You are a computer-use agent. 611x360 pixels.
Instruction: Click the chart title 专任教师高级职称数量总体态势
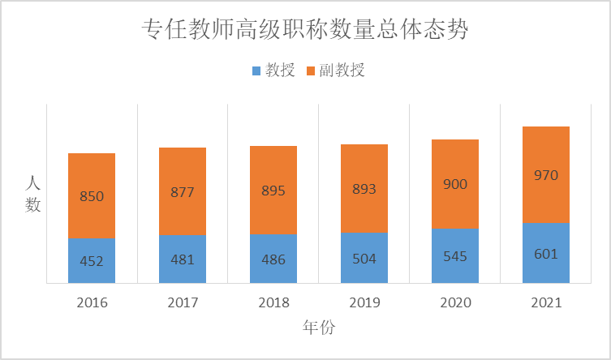pyautogui.click(x=305, y=30)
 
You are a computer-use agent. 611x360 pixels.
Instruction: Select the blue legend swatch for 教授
pyautogui.click(x=257, y=71)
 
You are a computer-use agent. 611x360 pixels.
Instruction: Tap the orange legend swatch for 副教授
pyautogui.click(x=311, y=71)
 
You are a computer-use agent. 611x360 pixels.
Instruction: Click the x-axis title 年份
pyautogui.click(x=319, y=328)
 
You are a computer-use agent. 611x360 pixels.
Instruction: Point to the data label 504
pyautogui.click(x=364, y=259)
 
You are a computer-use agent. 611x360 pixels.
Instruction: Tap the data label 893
pyautogui.click(x=364, y=190)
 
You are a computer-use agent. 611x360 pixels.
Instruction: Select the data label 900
pyautogui.click(x=455, y=185)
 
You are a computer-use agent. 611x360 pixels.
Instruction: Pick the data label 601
pyautogui.click(x=546, y=254)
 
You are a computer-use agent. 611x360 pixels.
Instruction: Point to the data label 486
pyautogui.click(x=273, y=259)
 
